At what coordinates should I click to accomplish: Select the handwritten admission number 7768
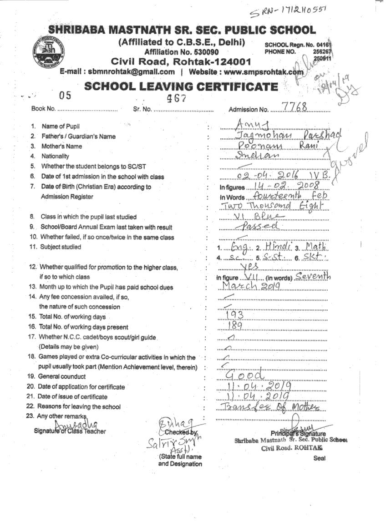[x=295, y=107]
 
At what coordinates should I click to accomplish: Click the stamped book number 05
[x=66, y=96]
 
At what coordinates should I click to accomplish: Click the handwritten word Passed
[x=261, y=226]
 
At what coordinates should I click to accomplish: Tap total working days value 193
[x=235, y=315]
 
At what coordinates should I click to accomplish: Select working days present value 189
[x=236, y=325]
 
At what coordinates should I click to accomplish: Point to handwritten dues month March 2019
[x=251, y=286]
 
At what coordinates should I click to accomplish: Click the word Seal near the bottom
[x=320, y=458]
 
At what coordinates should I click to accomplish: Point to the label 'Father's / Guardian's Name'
[x=78, y=136]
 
